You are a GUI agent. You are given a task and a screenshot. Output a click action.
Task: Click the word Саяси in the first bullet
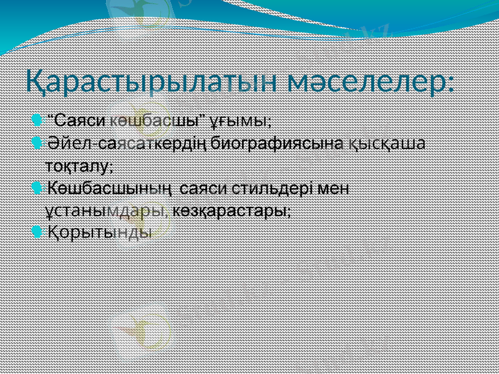84,119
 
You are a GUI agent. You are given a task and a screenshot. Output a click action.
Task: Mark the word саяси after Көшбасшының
207,188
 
